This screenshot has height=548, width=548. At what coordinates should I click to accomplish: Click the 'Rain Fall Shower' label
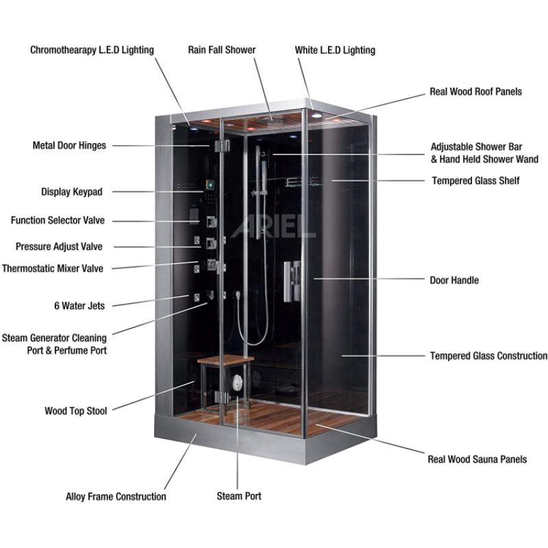[222, 50]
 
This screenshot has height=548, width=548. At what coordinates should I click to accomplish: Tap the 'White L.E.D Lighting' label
[335, 50]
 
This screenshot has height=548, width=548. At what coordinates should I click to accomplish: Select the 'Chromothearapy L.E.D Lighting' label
[92, 50]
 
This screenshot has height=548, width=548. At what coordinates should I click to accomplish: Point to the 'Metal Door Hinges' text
[69, 145]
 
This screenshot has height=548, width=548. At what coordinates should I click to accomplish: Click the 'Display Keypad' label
[72, 192]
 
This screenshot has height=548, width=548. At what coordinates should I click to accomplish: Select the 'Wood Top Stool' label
[75, 411]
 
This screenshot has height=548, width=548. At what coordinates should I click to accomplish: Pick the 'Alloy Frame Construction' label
[116, 496]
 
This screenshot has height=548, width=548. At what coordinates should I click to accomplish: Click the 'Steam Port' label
[239, 496]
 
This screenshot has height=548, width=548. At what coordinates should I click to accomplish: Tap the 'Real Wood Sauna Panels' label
[477, 459]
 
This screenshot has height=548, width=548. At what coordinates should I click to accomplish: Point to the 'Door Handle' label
[454, 280]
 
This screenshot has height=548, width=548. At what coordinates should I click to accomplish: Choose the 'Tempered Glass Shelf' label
[475, 181]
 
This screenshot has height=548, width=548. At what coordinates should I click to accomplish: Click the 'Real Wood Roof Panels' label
[475, 91]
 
